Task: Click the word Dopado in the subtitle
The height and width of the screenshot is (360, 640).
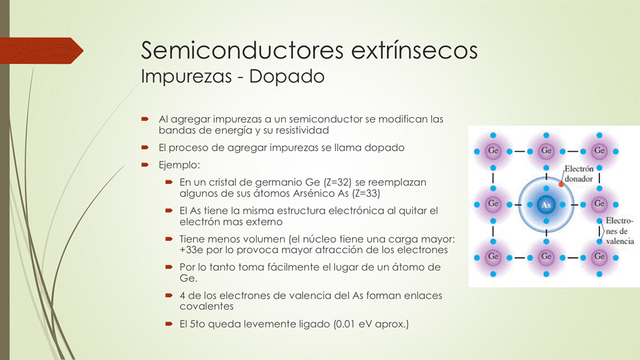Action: click(287, 76)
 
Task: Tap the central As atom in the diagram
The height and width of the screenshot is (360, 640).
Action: click(546, 205)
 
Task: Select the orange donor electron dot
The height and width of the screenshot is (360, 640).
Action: click(561, 185)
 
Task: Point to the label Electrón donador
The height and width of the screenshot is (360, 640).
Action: click(579, 174)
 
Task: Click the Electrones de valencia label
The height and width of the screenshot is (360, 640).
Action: click(620, 231)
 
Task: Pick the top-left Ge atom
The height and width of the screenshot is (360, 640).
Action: click(493, 151)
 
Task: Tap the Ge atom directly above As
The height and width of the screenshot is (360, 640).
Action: click(546, 151)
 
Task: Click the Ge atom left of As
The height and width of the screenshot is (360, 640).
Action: click(493, 204)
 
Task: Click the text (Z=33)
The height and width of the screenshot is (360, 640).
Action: click(366, 193)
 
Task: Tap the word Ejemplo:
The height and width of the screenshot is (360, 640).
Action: click(179, 165)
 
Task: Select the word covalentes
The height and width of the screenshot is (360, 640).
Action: click(207, 307)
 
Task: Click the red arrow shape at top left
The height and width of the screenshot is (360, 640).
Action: click(41, 51)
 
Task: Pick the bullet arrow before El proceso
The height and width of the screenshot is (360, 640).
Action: click(145, 147)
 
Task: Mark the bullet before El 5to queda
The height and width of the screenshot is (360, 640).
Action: click(169, 324)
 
